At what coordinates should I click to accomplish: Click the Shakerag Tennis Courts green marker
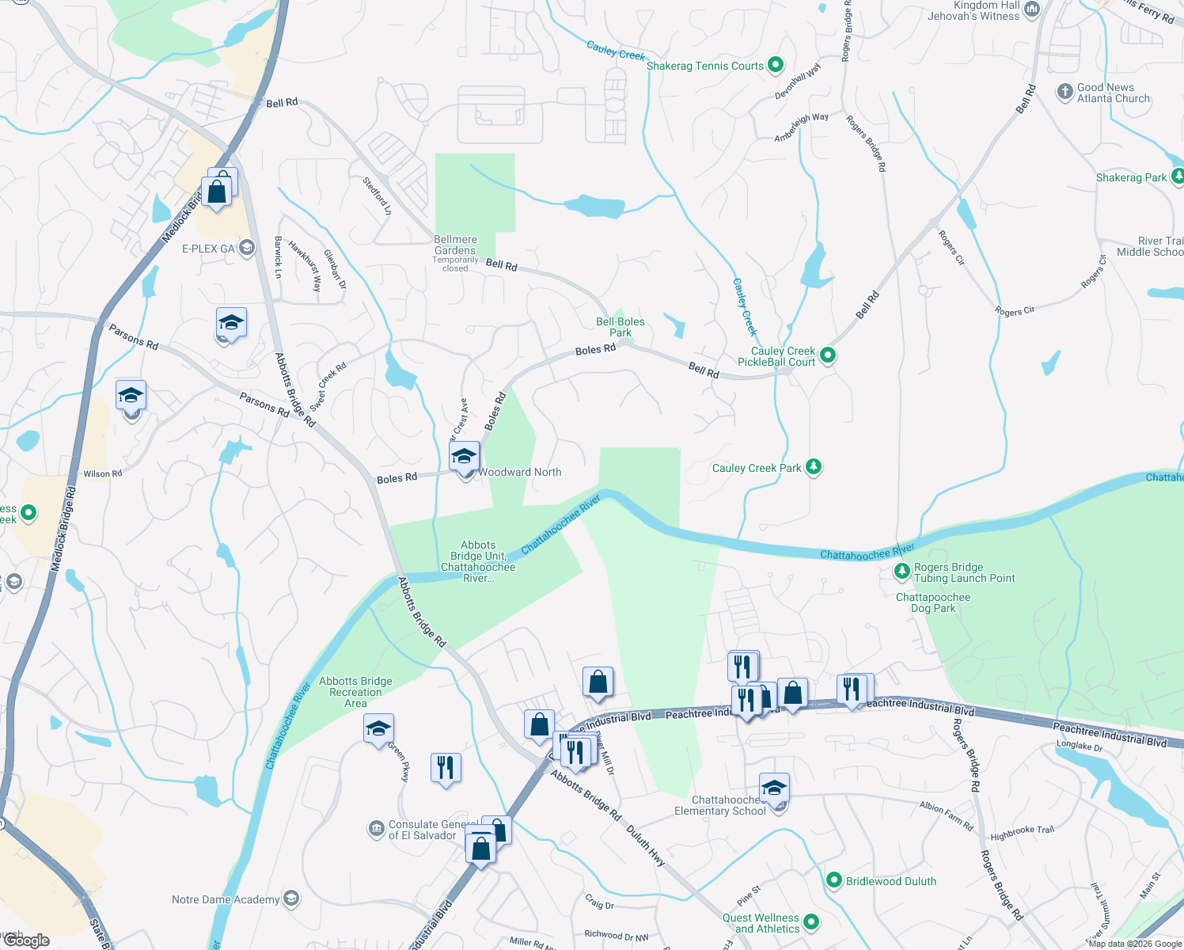(x=776, y=65)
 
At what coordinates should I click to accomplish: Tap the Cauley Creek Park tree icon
(x=814, y=467)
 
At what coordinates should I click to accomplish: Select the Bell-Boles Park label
(x=620, y=327)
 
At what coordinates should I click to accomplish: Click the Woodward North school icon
(x=465, y=458)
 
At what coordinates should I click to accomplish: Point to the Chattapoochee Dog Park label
(x=933, y=602)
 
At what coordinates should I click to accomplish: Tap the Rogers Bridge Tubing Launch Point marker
(x=901, y=571)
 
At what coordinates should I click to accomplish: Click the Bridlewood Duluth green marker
(x=833, y=880)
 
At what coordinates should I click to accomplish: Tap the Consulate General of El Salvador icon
(x=376, y=829)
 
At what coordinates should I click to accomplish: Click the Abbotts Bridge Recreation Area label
(x=355, y=691)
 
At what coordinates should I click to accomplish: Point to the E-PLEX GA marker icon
(x=247, y=248)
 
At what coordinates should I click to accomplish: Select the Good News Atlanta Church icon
(x=1064, y=92)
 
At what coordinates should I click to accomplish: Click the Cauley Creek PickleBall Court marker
(x=828, y=355)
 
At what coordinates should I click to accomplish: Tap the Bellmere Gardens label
(x=456, y=245)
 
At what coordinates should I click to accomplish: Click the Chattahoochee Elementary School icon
(x=774, y=788)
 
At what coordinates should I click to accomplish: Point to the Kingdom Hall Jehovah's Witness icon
(x=1032, y=9)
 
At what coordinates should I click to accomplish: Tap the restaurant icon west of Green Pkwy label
(x=446, y=767)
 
